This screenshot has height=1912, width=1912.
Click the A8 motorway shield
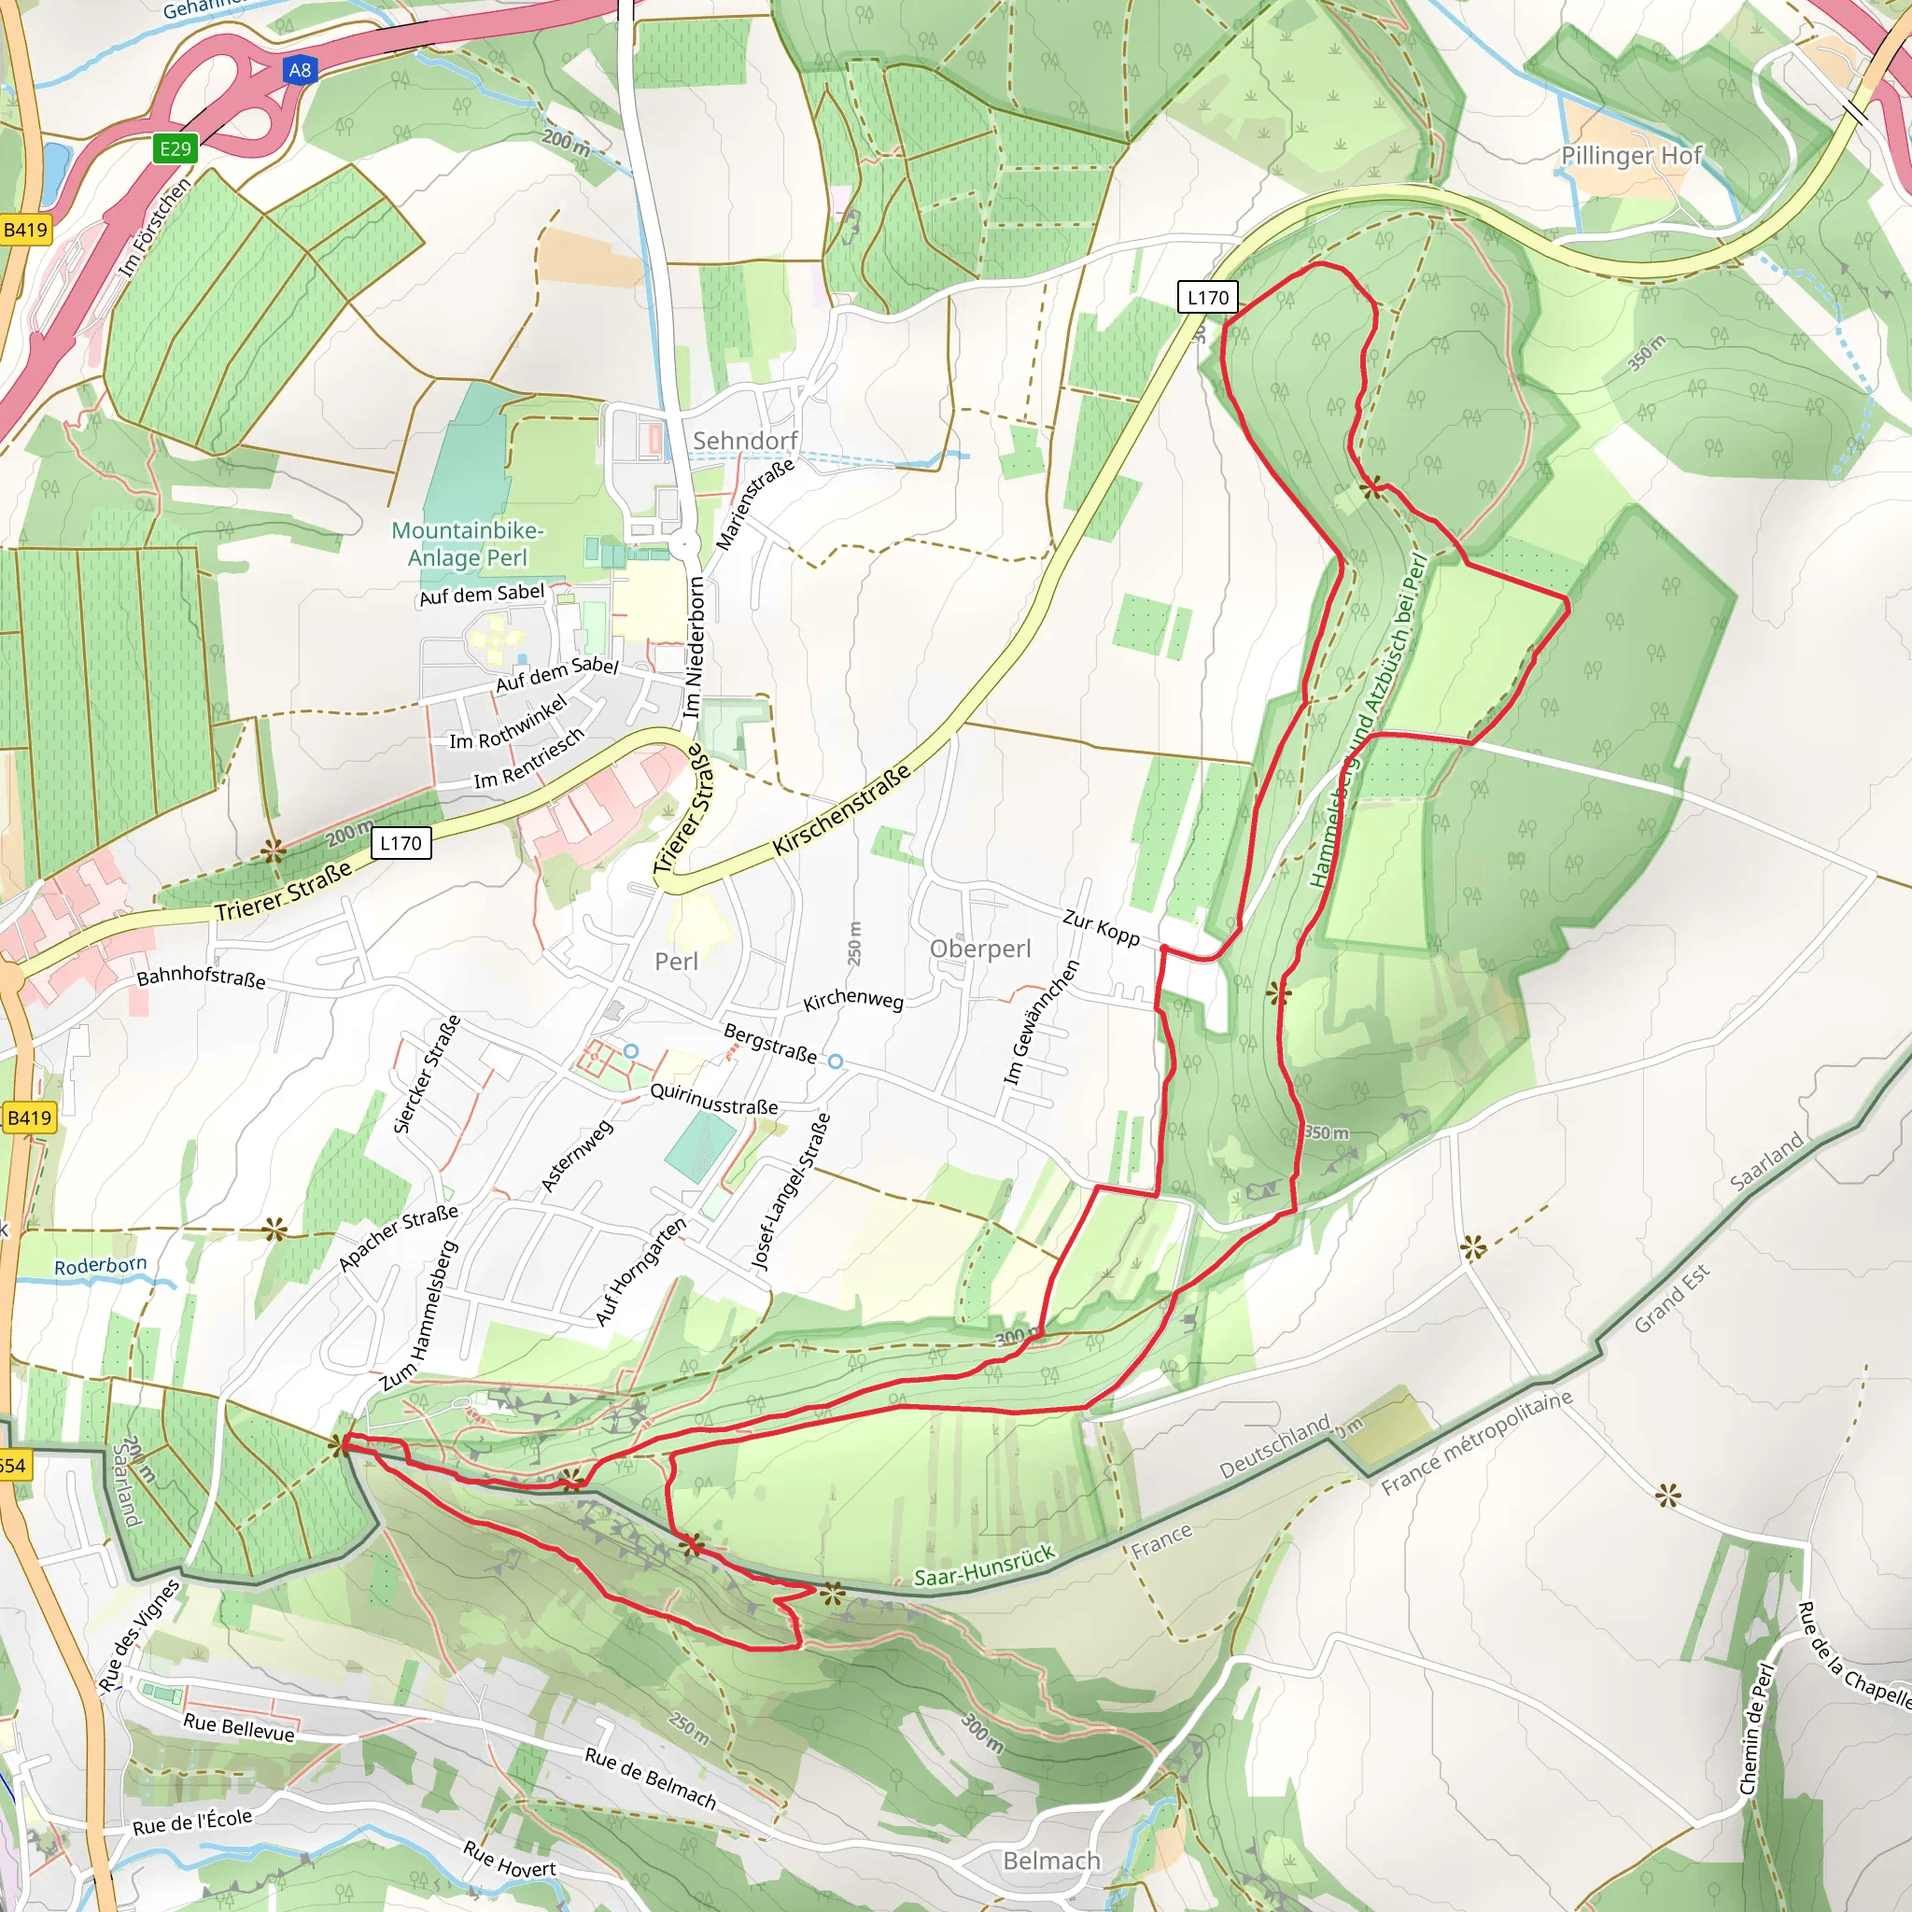(x=299, y=70)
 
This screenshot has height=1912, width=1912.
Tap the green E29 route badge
(x=176, y=148)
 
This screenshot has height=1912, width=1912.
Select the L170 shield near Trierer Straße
(x=401, y=843)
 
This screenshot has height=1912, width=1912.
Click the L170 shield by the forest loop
(x=1207, y=297)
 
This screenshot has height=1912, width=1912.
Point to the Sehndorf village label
(x=744, y=441)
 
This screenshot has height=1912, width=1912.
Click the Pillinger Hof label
(x=1631, y=155)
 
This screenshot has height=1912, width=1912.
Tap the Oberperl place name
(x=979, y=949)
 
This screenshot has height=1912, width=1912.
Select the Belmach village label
(x=1051, y=1861)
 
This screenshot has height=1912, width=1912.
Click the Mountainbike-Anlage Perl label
(x=467, y=543)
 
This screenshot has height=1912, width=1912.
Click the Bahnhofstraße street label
(x=201, y=977)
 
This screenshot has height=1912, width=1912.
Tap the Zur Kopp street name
(x=1101, y=927)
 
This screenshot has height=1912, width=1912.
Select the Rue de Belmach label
(x=649, y=1778)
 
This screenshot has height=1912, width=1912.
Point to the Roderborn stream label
(x=100, y=1266)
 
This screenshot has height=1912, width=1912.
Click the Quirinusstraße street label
(x=713, y=1100)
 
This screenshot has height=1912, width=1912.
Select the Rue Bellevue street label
(x=238, y=1727)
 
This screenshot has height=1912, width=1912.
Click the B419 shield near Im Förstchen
(x=26, y=231)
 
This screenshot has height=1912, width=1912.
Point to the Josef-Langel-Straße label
(x=790, y=1191)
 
